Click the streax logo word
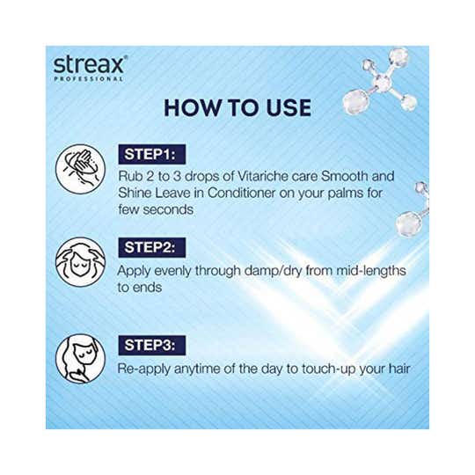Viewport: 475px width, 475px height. (x=90, y=65)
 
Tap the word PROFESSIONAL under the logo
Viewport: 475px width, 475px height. (x=88, y=79)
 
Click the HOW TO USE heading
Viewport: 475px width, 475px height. (x=237, y=108)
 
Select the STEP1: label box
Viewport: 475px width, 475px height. (x=152, y=155)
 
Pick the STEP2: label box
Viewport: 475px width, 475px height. (x=152, y=247)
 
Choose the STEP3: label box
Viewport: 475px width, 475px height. (x=152, y=346)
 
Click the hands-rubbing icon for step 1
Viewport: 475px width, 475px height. (x=81, y=169)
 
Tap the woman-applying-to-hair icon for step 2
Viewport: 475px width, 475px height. (x=81, y=262)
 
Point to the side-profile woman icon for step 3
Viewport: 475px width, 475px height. (x=81, y=359)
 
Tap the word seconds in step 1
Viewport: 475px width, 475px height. (x=168, y=209)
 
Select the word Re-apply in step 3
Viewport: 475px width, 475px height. (x=144, y=369)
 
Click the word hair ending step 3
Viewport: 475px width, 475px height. (x=399, y=369)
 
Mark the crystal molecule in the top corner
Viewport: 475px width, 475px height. (x=381, y=81)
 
